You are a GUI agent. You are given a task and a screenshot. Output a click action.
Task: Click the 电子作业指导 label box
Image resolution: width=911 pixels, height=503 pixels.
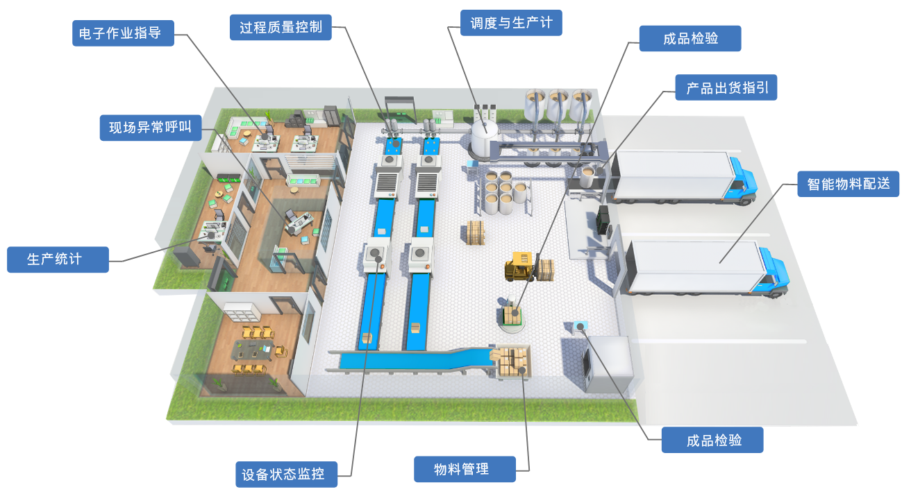(123, 33)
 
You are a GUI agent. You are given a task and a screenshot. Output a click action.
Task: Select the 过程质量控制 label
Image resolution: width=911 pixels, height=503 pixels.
(281, 28)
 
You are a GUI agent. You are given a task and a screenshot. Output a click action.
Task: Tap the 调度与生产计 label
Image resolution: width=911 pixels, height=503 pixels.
(511, 22)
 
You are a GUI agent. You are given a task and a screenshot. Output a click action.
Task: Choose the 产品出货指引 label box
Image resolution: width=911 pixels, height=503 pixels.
(726, 88)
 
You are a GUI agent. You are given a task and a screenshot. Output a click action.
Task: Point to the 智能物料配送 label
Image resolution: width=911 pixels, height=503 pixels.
(849, 184)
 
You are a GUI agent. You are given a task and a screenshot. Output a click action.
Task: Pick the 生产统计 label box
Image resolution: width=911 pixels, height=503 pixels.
(58, 259)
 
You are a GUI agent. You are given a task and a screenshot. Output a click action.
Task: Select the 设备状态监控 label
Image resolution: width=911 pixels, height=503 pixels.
(286, 475)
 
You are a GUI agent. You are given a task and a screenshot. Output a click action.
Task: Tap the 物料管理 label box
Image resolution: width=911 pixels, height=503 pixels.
(465, 469)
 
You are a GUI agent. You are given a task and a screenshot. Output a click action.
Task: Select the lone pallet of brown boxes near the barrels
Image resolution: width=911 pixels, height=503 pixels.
(475, 232)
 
